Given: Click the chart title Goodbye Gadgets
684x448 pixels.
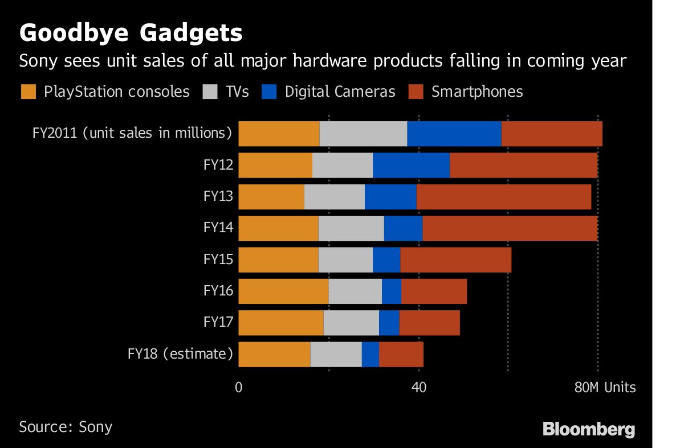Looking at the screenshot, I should tap(131, 33).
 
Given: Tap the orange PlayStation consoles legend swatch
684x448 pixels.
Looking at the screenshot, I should tap(28, 92).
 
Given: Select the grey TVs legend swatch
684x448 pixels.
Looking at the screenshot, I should tap(210, 92).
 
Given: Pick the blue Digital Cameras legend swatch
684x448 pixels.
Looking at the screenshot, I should tap(269, 92).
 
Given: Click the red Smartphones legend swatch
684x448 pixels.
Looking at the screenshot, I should tap(416, 92).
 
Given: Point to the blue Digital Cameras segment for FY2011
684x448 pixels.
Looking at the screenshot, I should tap(454, 133).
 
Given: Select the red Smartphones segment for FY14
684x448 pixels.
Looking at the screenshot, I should tap(510, 228).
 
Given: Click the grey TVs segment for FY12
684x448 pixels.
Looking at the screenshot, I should tap(343, 165).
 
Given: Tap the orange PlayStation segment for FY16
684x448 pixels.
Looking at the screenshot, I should tap(283, 291).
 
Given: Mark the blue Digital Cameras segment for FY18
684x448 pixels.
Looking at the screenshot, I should tap(370, 354).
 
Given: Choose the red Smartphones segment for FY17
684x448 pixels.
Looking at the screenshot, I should tap(429, 322).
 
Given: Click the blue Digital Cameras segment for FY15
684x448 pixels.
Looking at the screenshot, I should tap(386, 260).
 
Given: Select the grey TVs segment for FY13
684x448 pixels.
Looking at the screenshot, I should tap(335, 196).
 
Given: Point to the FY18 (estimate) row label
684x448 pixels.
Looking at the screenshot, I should tap(180, 354).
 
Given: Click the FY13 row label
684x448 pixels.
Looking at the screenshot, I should tap(218, 196).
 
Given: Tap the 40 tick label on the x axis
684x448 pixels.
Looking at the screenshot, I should tap(419, 388).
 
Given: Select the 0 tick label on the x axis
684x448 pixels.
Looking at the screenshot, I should tap(238, 388).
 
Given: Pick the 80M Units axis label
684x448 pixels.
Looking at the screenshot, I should tap(605, 388).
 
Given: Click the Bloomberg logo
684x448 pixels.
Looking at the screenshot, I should tap(589, 429).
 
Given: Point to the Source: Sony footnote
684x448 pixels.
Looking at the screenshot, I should tap(66, 427).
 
